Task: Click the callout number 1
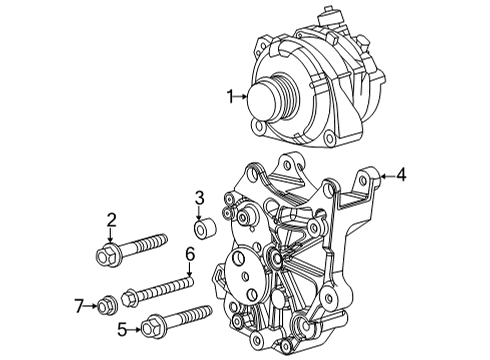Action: pyautogui.click(x=230, y=96)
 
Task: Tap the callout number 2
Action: pyautogui.click(x=112, y=220)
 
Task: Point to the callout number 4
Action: pyautogui.click(x=401, y=176)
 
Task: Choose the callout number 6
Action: pyautogui.click(x=188, y=256)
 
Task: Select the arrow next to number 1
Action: pyautogui.click(x=243, y=96)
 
